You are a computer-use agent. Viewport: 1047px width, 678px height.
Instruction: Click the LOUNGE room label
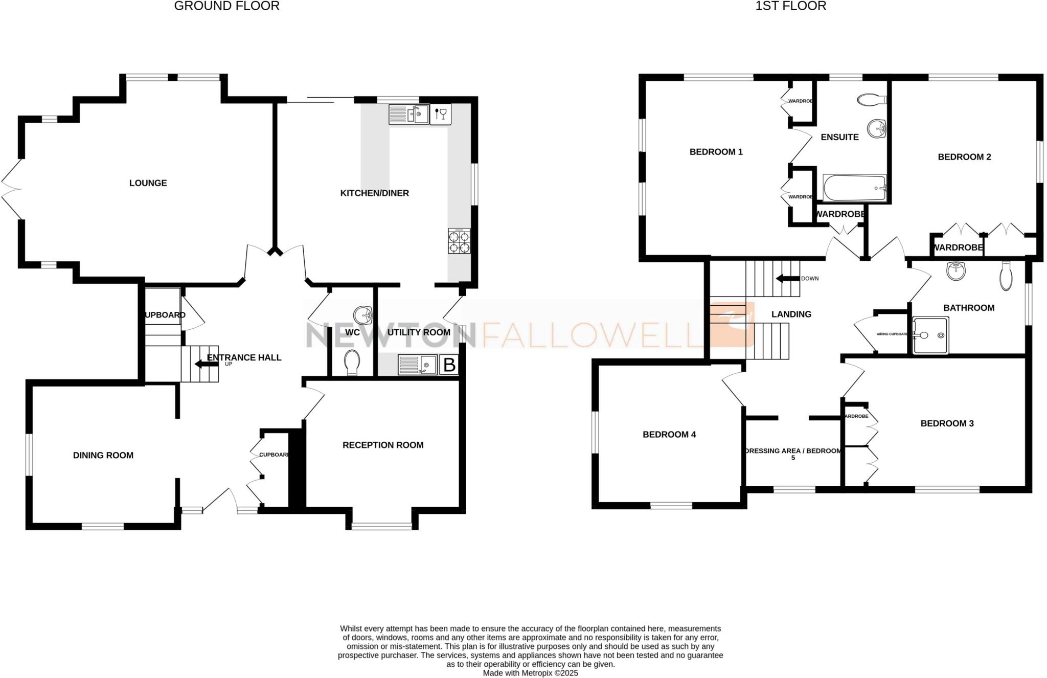(x=148, y=183)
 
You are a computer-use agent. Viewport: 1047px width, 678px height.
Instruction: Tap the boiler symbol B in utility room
(x=449, y=365)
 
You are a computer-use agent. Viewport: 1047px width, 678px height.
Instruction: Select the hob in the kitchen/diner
(x=459, y=241)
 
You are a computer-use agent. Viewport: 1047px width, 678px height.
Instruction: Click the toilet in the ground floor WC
(x=352, y=363)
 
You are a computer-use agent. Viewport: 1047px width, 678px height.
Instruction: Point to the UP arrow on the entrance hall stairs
(x=206, y=364)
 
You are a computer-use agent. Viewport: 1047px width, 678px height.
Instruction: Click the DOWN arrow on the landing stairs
(x=787, y=279)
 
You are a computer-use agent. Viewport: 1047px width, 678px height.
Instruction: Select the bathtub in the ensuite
(x=854, y=189)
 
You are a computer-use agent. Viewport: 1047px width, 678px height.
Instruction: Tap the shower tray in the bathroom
(x=930, y=335)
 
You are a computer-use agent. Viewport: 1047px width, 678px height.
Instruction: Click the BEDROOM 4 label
(x=669, y=435)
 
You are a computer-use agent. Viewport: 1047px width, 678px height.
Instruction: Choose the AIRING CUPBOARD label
(x=892, y=334)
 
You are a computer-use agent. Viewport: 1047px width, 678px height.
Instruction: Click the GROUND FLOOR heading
(x=226, y=6)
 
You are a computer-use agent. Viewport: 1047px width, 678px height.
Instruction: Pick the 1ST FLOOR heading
(x=790, y=6)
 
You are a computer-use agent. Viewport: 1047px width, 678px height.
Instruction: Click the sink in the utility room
(x=417, y=365)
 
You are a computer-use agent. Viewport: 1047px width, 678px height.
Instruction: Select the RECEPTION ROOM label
(x=383, y=445)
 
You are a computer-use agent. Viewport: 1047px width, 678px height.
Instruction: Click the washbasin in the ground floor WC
(x=363, y=315)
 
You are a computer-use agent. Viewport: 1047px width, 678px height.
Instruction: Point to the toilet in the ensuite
(x=872, y=100)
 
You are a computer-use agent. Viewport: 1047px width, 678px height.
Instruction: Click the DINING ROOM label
(x=103, y=456)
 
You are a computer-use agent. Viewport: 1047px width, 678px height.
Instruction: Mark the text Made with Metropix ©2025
(x=530, y=673)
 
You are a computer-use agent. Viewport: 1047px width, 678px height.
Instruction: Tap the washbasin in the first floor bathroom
(x=955, y=270)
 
